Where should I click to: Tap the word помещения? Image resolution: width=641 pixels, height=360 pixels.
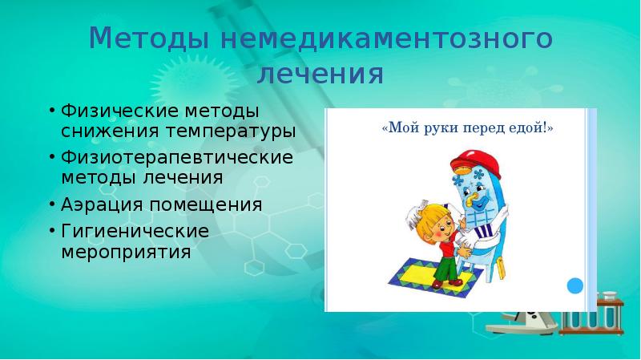click(204, 204)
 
